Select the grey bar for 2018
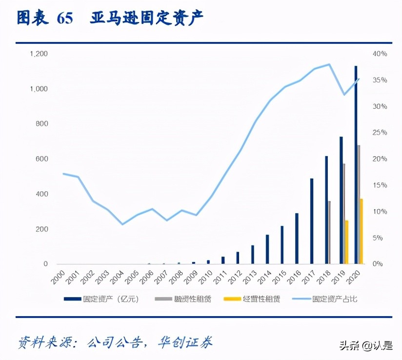point(329,232)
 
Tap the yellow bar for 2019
point(347,242)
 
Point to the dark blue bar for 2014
point(267,249)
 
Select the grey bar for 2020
point(359,204)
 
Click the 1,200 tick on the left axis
point(39,54)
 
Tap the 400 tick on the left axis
point(40,194)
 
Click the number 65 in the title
point(64,18)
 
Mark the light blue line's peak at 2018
point(329,64)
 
